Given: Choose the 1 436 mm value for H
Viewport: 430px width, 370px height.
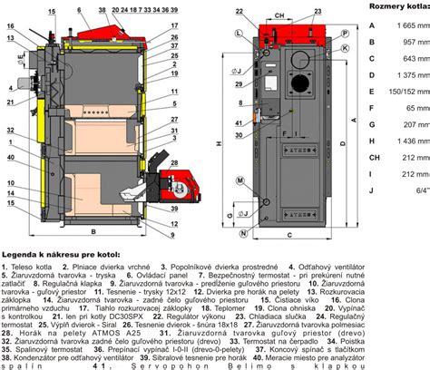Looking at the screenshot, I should coord(405,141).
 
